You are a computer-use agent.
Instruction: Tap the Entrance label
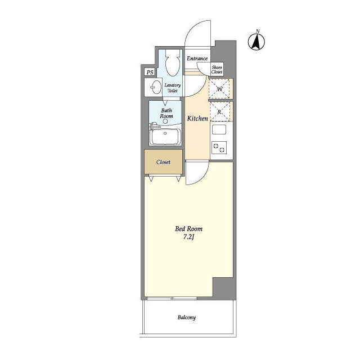tap(197, 58)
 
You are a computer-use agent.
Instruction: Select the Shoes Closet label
tap(217, 70)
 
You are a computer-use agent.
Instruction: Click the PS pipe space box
tap(150, 73)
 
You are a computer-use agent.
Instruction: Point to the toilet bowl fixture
tap(173, 62)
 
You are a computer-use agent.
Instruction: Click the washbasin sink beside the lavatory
tap(156, 87)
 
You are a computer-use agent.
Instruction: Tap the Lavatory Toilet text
tap(173, 88)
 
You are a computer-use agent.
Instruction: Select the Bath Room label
tap(166, 113)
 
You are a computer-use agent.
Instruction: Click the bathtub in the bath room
tap(165, 137)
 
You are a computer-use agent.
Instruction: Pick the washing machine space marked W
tap(219, 89)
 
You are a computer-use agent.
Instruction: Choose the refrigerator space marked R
tap(220, 112)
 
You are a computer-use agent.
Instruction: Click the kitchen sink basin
tap(219, 130)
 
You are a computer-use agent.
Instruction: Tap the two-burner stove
tap(219, 147)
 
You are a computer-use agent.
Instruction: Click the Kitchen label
tap(197, 119)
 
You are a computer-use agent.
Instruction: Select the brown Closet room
tap(164, 162)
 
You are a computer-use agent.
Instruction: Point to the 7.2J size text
tap(189, 237)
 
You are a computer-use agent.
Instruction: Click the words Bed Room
tap(189, 229)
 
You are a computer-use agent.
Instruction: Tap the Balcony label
tap(186, 317)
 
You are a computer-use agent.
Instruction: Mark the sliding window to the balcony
tap(172, 298)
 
